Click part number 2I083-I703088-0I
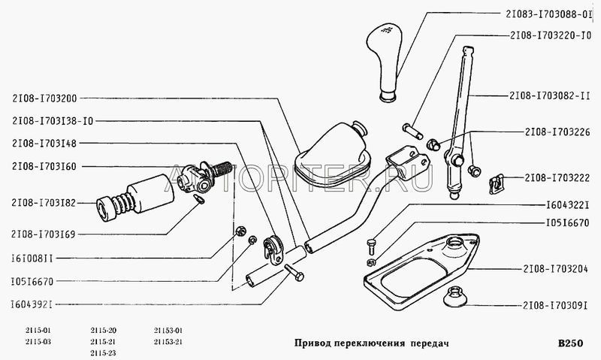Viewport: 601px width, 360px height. coord(547,14)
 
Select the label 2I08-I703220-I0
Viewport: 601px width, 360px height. coord(551,35)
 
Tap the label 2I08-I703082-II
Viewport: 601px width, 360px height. coord(550,95)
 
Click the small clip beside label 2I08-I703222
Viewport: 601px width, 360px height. coord(497,183)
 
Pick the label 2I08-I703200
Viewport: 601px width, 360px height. coord(44,98)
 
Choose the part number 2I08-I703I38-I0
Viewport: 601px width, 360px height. coord(53,121)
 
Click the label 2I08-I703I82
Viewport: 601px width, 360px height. coord(44,203)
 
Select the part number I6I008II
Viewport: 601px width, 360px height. coord(32,259)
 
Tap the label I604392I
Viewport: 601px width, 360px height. coord(31,305)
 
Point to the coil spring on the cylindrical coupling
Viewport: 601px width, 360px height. coord(125,203)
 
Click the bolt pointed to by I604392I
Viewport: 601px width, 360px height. coord(294,273)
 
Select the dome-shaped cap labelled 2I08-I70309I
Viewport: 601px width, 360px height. coord(455,297)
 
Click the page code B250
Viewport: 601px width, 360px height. coord(570,343)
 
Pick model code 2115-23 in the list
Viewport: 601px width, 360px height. coord(103,353)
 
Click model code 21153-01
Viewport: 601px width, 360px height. coord(168,331)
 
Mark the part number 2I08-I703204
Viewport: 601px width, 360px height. coord(555,269)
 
